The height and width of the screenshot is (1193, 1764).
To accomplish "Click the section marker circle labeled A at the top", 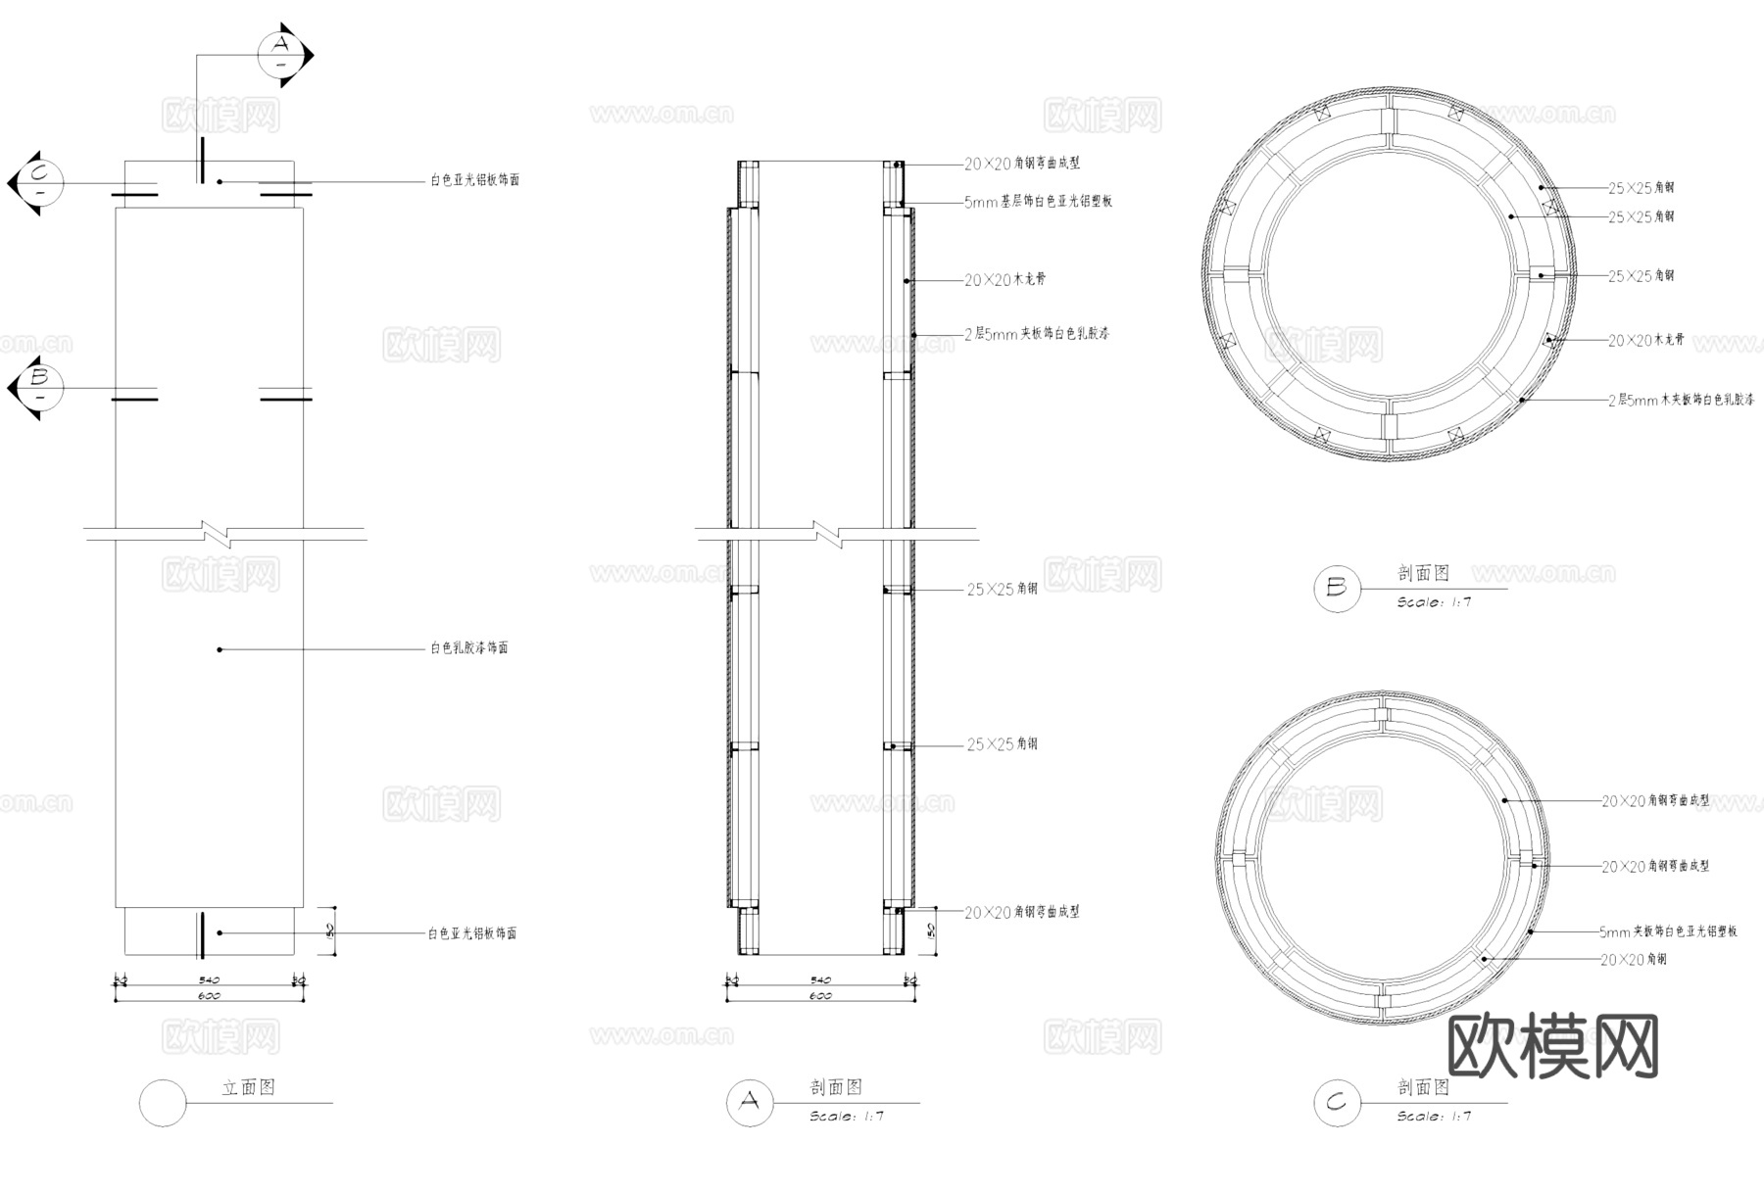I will tap(281, 55).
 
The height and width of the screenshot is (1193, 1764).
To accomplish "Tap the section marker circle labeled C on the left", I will tap(40, 183).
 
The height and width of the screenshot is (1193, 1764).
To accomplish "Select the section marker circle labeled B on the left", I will tap(40, 388).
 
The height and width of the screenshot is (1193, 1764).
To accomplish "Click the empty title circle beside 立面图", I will tap(163, 1103).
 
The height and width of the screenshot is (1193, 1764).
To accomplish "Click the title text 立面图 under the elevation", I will tap(248, 1087).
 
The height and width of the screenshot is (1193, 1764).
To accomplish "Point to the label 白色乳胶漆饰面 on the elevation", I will tap(468, 648).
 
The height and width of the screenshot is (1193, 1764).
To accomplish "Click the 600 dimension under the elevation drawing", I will tap(209, 996).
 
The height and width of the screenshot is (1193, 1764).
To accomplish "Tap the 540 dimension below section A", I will tap(820, 979).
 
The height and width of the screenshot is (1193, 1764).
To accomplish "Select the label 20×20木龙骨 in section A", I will tap(1004, 280).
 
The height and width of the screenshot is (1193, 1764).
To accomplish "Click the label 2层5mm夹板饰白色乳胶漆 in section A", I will tap(1036, 334).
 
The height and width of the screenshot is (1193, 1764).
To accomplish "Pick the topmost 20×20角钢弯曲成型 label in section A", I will tap(1021, 164).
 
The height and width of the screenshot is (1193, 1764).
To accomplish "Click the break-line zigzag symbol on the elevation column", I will tap(217, 534).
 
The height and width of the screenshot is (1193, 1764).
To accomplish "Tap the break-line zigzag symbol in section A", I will tap(828, 534).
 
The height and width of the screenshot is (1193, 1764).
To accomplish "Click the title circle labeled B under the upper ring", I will tap(1337, 589).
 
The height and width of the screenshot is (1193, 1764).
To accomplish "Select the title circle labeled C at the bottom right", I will tap(1337, 1103).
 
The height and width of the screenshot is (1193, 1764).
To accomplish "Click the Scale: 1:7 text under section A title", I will tap(847, 1117).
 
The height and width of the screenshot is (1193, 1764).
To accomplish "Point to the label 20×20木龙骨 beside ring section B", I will tap(1645, 341).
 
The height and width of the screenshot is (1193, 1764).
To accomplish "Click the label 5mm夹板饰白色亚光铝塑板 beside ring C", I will tap(1668, 932).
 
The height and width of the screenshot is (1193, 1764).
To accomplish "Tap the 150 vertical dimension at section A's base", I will tap(931, 930).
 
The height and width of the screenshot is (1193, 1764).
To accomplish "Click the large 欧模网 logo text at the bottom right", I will tap(1552, 1046).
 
